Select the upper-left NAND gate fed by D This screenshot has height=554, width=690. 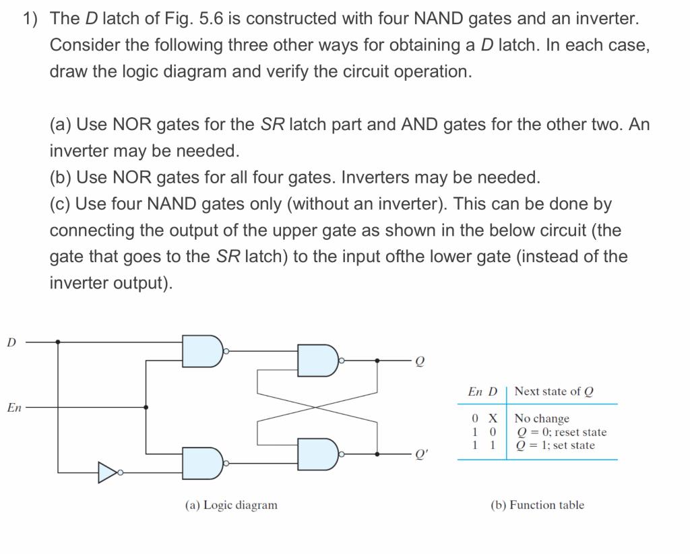pyautogui.click(x=203, y=351)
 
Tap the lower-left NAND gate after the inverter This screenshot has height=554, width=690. pyautogui.click(x=203, y=464)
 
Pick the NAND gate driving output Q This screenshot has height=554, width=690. pyautogui.click(x=319, y=361)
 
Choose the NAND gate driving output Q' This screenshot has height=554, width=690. pyautogui.click(x=319, y=454)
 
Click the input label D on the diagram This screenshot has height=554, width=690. pyautogui.click(x=11, y=342)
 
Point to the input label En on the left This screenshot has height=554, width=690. pyautogui.click(x=14, y=407)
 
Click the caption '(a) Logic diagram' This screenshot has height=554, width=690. pyautogui.click(x=231, y=505)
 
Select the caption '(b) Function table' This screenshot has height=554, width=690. pyautogui.click(x=537, y=505)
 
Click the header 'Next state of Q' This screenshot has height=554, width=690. pyautogui.click(x=554, y=392)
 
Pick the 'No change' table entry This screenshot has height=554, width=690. pyautogui.click(x=542, y=419)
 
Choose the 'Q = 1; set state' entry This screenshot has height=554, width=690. pyautogui.click(x=555, y=445)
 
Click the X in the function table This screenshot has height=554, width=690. pyautogui.click(x=493, y=419)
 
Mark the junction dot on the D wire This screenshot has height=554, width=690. pyautogui.click(x=59, y=342)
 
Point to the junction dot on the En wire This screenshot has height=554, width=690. pyautogui.click(x=146, y=407)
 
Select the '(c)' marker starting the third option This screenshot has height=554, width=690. pyautogui.click(x=61, y=204)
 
